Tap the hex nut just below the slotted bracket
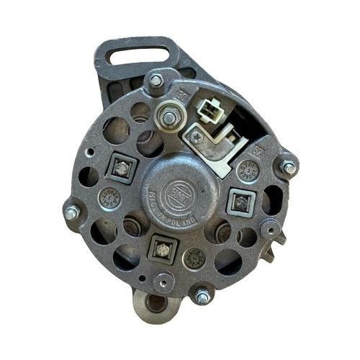click(156, 81)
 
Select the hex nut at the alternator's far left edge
click(72, 213)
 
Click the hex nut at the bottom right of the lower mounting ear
click(202, 295)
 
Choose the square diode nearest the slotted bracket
click(121, 168)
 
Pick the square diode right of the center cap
click(239, 202)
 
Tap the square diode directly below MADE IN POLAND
click(162, 249)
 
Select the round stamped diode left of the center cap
click(110, 197)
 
